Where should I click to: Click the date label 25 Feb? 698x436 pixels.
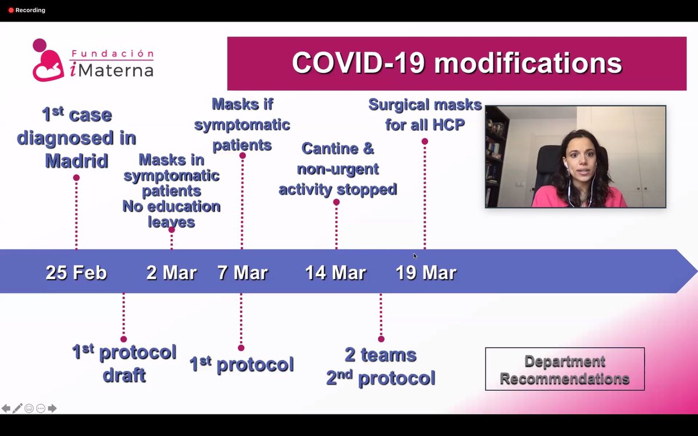(x=76, y=273)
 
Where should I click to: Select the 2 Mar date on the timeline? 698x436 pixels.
(x=172, y=273)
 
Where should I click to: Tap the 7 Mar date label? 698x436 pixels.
(x=243, y=273)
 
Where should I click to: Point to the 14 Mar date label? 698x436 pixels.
(x=336, y=273)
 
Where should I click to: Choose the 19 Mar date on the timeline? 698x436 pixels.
(x=426, y=273)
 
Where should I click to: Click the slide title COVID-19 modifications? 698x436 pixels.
(x=457, y=63)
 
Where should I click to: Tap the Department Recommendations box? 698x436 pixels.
(x=565, y=370)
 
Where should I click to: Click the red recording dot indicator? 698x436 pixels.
(x=10, y=10)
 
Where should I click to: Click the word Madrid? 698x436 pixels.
(x=77, y=160)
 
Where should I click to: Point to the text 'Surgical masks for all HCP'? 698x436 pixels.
(x=425, y=115)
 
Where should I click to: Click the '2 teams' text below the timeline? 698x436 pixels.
(x=380, y=355)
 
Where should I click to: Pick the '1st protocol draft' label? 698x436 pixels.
(x=124, y=363)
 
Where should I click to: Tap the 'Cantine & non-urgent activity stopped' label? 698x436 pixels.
(x=337, y=169)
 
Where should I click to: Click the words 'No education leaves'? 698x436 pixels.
(x=171, y=213)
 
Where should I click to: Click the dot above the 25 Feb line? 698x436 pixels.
(x=76, y=178)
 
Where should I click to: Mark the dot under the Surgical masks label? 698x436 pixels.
(x=425, y=141)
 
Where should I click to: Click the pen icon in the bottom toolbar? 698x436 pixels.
(x=17, y=408)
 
